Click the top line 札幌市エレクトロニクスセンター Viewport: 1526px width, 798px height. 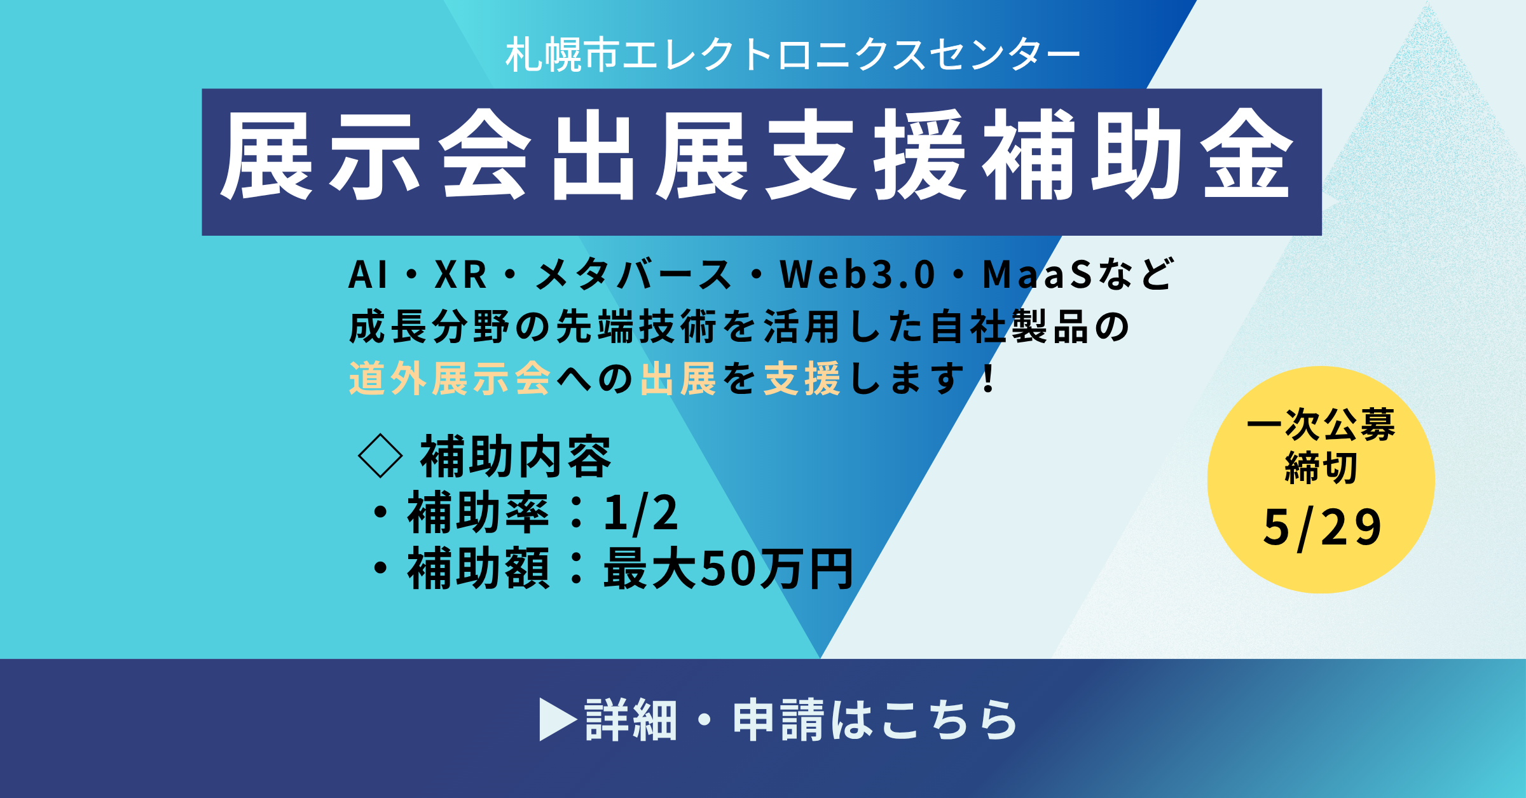[x=792, y=55]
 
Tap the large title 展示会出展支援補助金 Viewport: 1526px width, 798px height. [x=757, y=155]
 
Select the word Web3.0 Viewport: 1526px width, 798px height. [x=858, y=274]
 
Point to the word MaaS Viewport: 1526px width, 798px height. [x=1038, y=274]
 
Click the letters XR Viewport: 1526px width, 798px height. [x=460, y=274]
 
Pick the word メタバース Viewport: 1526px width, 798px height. [x=633, y=274]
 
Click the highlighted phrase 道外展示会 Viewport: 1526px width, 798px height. [x=450, y=379]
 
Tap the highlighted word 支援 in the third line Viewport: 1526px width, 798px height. [x=802, y=379]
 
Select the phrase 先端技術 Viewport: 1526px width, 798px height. [x=636, y=327]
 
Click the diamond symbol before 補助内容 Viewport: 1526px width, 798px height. [x=380, y=456]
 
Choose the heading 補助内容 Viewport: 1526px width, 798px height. [x=516, y=456]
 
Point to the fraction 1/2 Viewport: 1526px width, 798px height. [x=641, y=512]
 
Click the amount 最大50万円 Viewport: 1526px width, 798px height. [x=729, y=569]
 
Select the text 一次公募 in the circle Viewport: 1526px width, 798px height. [x=1321, y=424]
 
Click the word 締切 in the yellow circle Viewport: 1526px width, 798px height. [x=1321, y=468]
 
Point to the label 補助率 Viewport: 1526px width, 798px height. [x=478, y=512]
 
